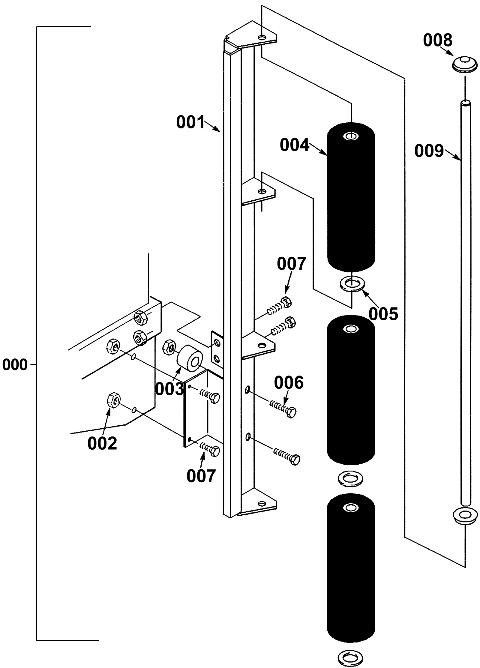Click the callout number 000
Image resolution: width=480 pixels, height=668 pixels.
coord(15,365)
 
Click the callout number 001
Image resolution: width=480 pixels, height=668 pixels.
coord(190,122)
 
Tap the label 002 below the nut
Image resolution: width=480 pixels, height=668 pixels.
coord(102,443)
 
